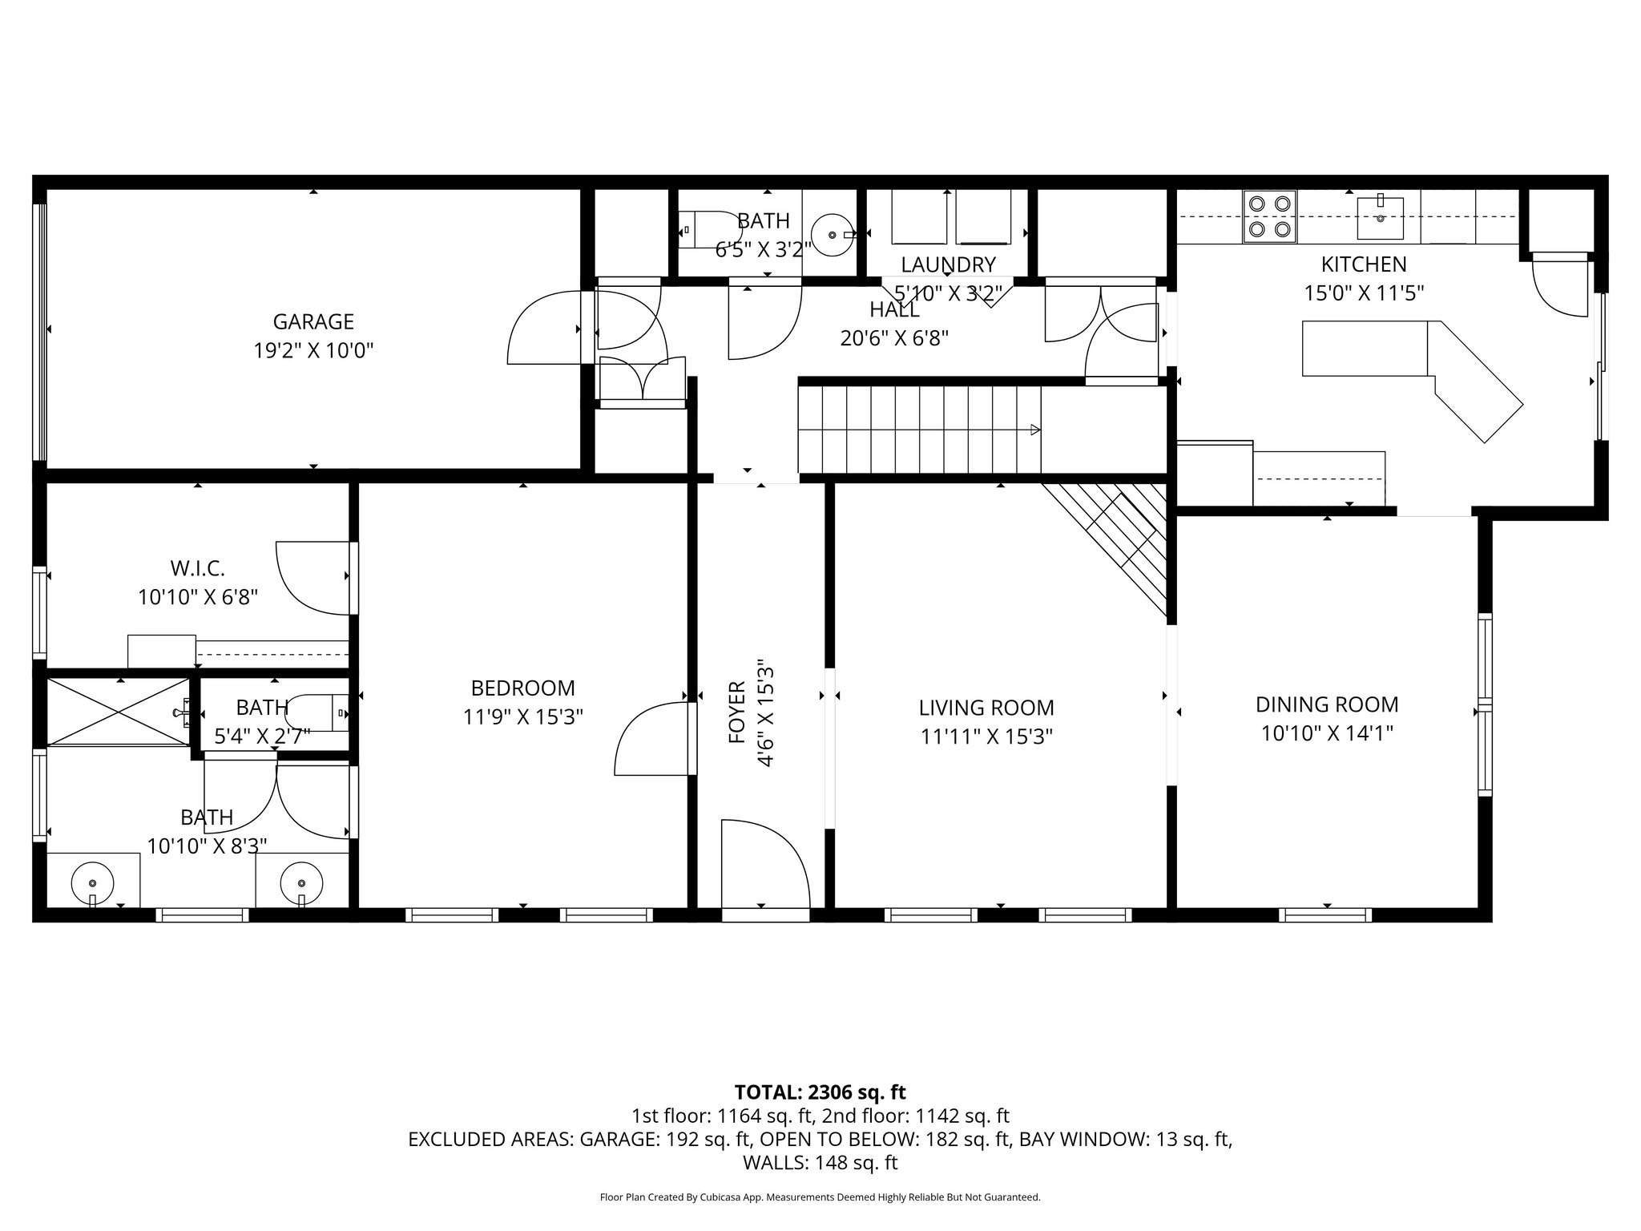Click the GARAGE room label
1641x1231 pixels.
(x=313, y=321)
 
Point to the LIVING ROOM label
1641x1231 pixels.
(x=986, y=708)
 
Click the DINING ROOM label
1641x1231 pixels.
(x=1326, y=704)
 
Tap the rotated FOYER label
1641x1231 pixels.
(x=737, y=712)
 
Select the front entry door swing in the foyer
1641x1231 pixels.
(x=761, y=862)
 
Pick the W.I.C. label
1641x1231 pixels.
(x=197, y=569)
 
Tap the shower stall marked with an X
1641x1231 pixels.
(x=118, y=711)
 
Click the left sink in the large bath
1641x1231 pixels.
(x=92, y=883)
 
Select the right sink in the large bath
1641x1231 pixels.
(x=301, y=883)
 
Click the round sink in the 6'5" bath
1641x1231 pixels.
(x=833, y=235)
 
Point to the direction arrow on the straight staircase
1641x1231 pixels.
(x=1034, y=430)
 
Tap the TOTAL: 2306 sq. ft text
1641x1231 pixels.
(x=820, y=1092)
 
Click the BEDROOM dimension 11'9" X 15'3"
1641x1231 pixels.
(x=522, y=716)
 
